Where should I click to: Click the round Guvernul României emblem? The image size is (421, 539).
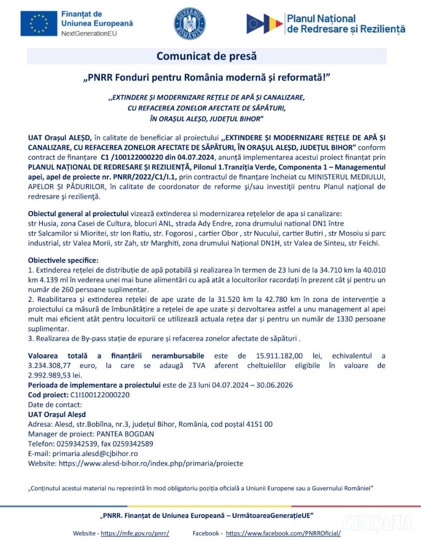tap(190, 24)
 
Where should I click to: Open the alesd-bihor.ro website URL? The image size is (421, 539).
tap(151, 463)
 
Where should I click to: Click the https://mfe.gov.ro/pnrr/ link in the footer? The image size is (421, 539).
tap(135, 533)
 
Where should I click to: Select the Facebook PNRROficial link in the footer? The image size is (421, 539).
tap(283, 533)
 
